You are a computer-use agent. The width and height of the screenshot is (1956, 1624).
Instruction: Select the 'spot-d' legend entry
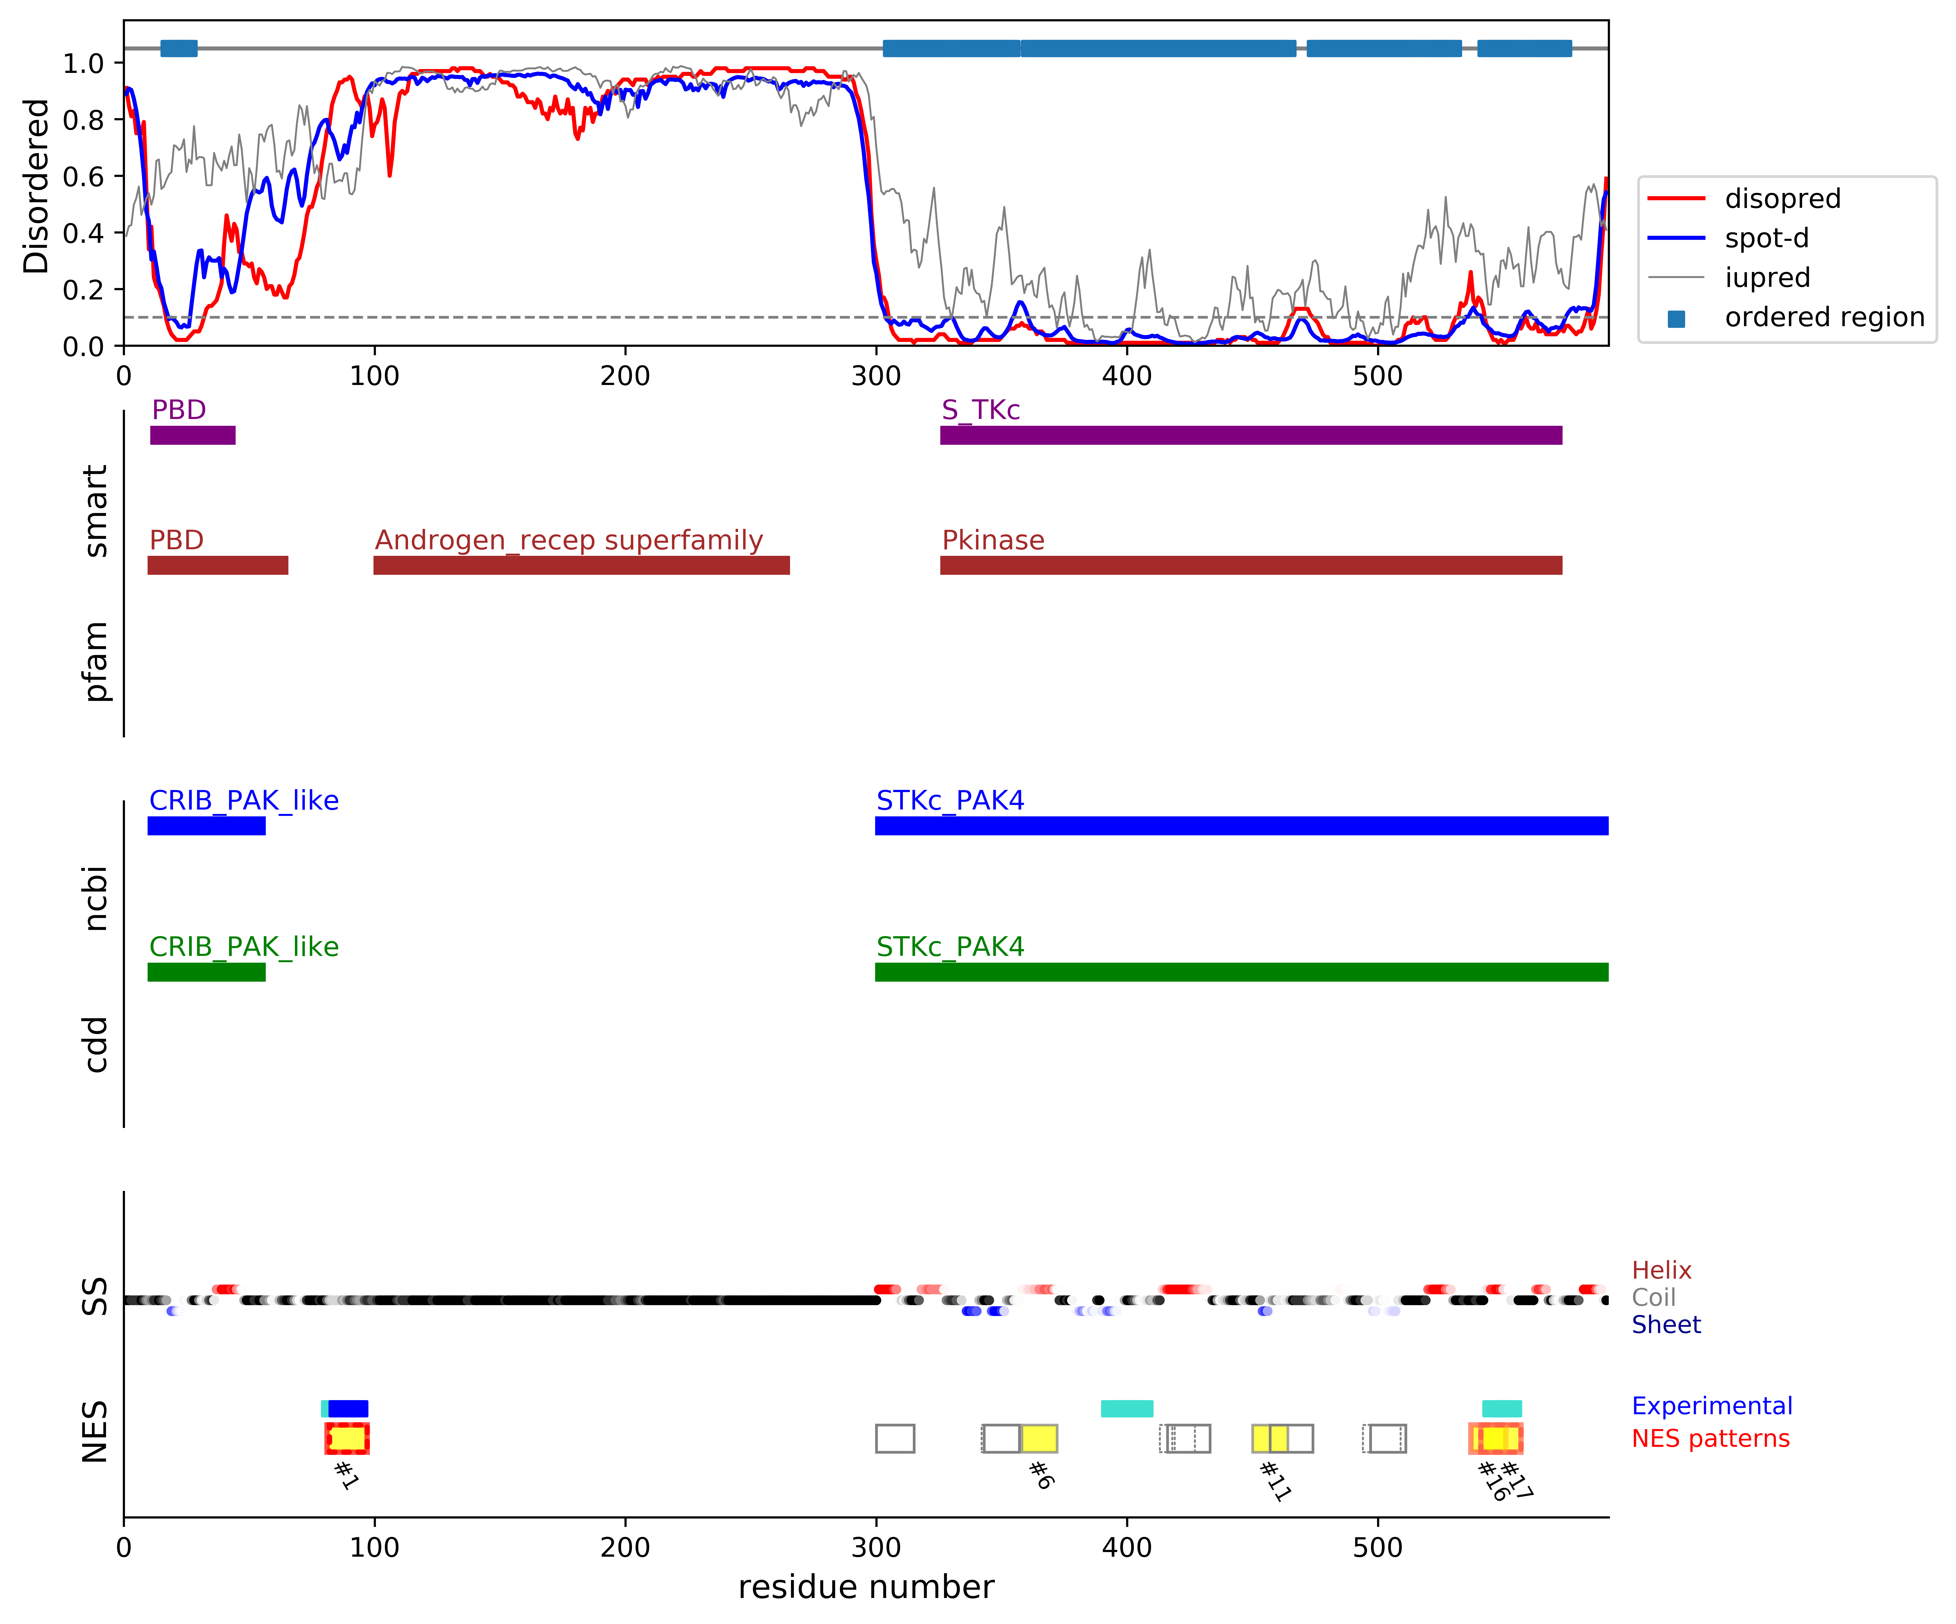pos(1766,238)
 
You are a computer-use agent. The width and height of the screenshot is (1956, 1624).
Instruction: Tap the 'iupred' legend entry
pos(1767,278)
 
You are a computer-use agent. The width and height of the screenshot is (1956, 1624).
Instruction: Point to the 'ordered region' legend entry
pos(1824,318)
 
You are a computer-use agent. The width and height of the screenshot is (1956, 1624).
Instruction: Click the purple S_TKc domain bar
pos(1250,435)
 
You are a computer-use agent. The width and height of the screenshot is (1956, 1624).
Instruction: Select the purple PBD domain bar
pos(193,435)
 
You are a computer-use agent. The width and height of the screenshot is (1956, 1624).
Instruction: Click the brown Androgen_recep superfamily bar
pos(581,565)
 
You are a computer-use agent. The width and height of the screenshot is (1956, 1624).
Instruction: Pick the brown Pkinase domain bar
pos(1250,565)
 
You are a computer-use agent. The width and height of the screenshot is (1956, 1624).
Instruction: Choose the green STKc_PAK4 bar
pos(1241,972)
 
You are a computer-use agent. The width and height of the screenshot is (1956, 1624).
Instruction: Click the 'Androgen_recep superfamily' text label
pos(568,540)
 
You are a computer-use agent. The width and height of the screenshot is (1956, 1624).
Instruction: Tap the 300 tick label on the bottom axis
pos(876,1548)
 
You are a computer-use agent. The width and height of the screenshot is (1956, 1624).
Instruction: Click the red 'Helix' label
pos(1661,1270)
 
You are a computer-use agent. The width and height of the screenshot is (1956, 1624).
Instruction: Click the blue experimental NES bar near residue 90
pos(348,1408)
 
